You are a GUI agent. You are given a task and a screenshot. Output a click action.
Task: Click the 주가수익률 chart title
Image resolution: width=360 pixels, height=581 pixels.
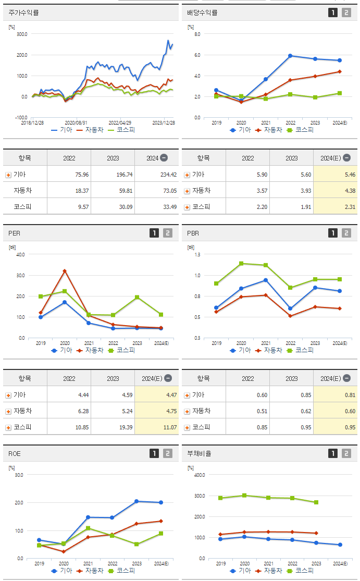point(24,13)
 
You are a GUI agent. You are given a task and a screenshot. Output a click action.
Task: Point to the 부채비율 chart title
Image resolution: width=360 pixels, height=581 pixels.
point(200,453)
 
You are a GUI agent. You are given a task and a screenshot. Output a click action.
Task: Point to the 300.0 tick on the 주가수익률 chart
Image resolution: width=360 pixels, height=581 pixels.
point(21,34)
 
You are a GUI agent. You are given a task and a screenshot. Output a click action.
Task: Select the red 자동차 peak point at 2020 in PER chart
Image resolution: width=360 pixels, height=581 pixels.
point(65,271)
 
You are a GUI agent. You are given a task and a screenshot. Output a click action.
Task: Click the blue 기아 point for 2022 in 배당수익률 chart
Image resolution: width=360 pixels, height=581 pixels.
point(290,56)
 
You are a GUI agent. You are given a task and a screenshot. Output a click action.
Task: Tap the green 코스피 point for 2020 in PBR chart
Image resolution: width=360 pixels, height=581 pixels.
point(241,264)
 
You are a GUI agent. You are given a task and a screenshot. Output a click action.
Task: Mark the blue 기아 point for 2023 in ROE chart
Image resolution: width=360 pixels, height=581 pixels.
point(136,501)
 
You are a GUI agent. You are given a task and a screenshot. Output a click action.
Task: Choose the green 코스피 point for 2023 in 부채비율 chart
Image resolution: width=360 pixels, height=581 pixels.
point(316,502)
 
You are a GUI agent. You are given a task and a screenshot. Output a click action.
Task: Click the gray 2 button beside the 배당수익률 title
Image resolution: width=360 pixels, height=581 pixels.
point(346,13)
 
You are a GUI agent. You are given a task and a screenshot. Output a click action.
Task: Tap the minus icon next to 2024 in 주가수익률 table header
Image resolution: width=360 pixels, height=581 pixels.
point(164,158)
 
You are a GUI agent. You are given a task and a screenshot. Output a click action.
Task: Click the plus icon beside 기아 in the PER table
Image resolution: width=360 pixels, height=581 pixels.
point(8,395)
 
